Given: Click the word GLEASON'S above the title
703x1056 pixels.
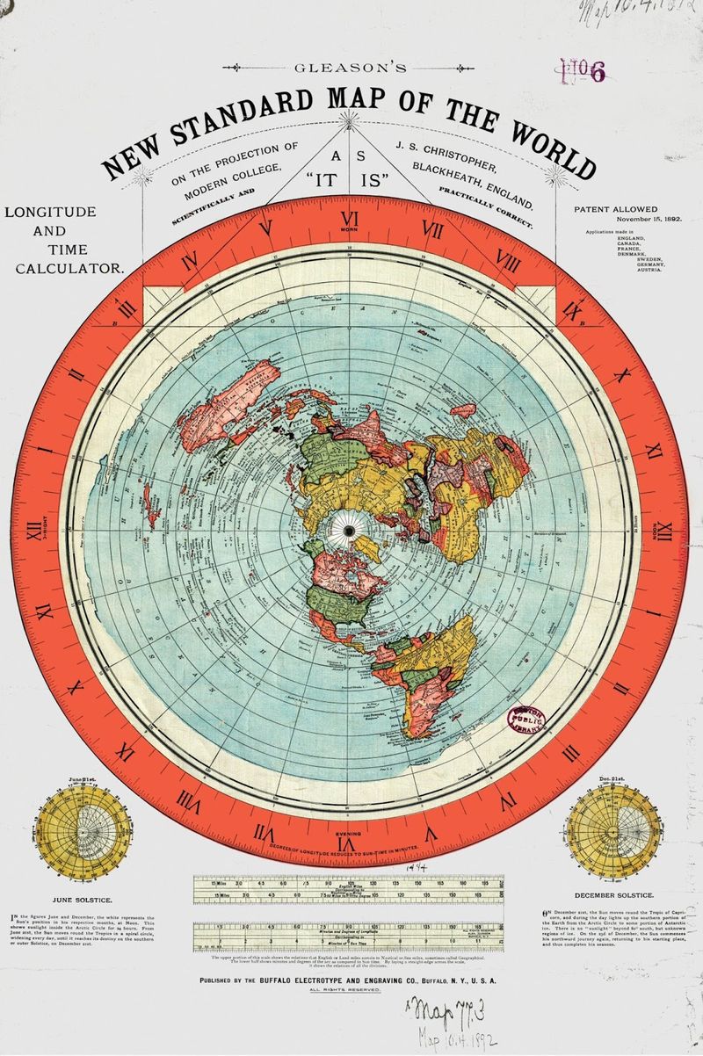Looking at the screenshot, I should point(351,66).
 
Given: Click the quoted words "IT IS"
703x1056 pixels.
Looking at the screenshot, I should point(351,184).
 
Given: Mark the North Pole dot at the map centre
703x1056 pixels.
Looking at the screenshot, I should point(351,531).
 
